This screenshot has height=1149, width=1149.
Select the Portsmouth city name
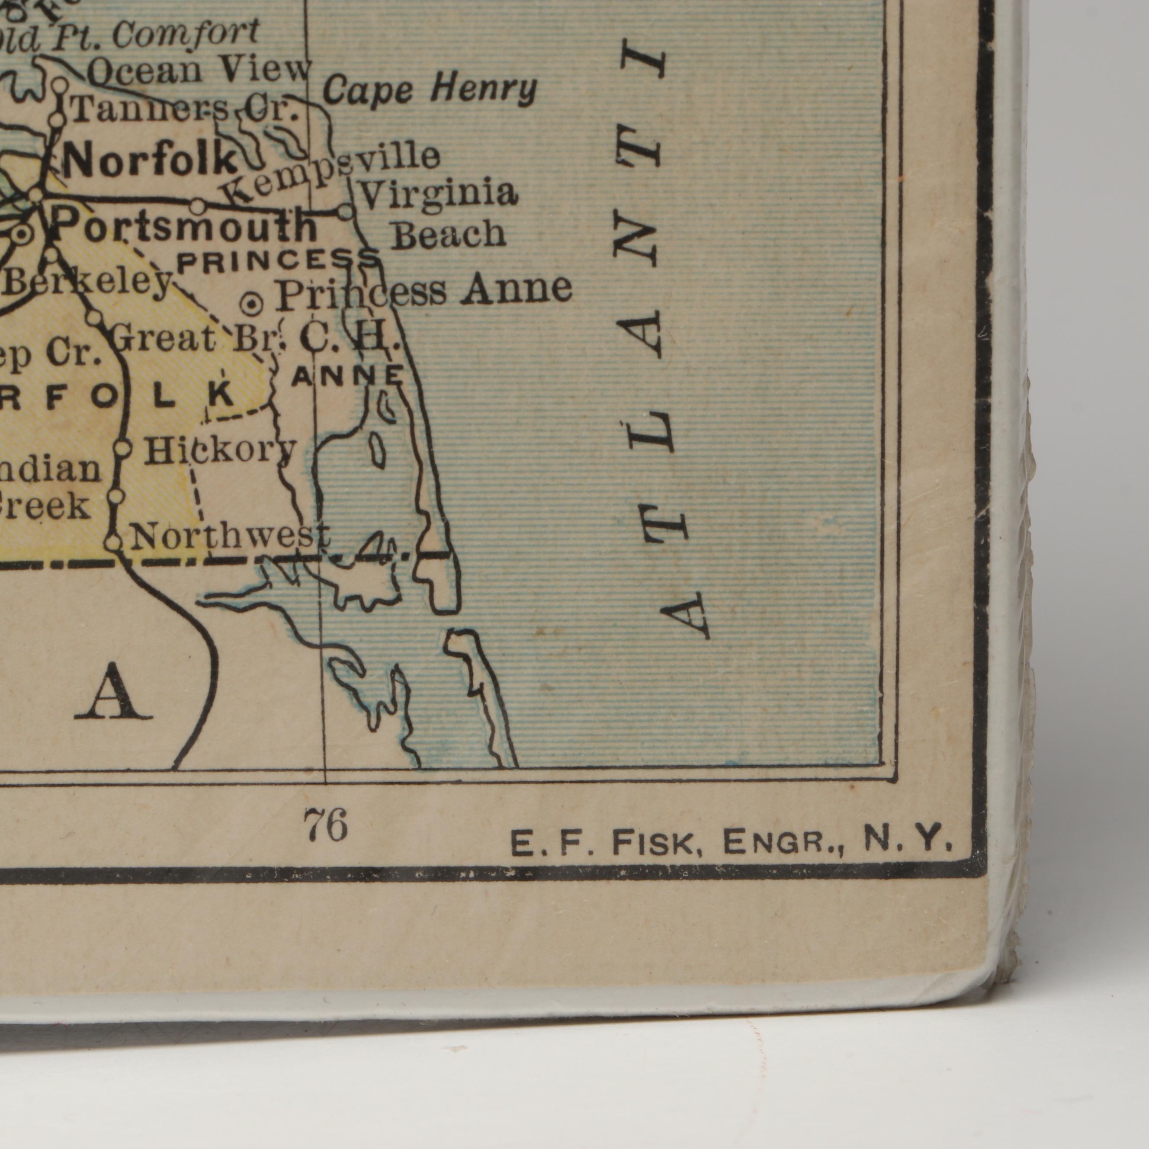[x=184, y=226]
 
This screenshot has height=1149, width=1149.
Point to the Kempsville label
[x=331, y=173]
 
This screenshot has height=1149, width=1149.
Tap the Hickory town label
[x=221, y=450]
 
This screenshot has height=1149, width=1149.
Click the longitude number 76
[x=325, y=826]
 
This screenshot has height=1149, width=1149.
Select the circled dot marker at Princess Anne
[x=253, y=305]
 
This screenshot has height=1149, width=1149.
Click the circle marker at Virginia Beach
[x=345, y=211]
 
